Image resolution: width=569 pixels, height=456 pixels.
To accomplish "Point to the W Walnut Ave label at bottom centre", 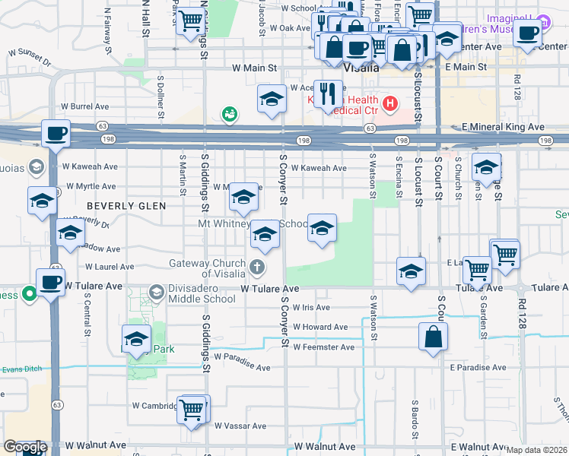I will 325,446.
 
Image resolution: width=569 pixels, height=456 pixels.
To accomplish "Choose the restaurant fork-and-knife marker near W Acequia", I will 328,94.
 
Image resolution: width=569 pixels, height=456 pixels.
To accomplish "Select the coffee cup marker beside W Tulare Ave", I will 51,283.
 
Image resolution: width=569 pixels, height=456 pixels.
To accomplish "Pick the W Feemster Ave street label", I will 323,347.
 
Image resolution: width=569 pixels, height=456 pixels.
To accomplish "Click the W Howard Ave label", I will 320,327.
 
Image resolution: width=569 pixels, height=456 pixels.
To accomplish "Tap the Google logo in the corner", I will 25,447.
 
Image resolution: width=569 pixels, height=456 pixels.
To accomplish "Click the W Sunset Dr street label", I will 29,54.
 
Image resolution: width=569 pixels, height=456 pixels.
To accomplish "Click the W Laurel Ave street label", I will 110,268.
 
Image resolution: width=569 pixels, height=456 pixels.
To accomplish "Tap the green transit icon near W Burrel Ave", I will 229,115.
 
